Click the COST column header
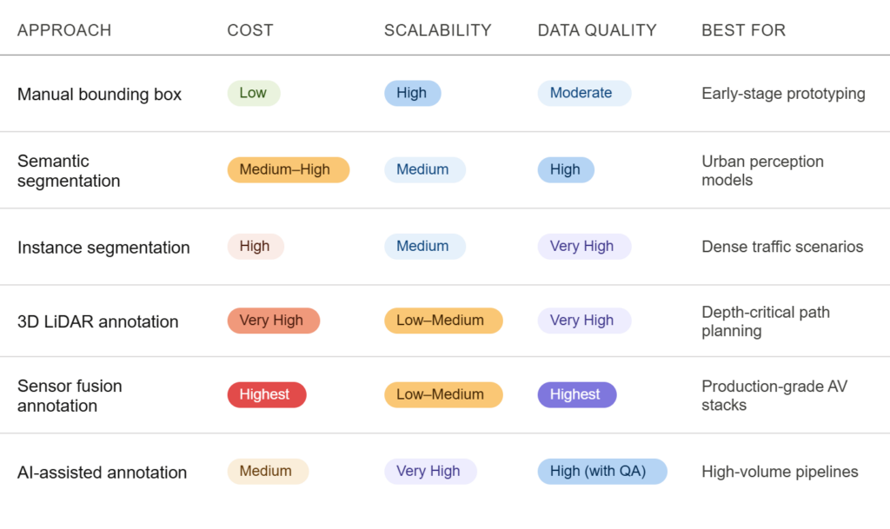(x=250, y=30)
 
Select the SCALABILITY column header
(x=438, y=30)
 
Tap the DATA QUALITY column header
(x=597, y=30)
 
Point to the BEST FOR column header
(x=744, y=30)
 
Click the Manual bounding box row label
(x=99, y=94)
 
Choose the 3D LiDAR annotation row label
(x=97, y=321)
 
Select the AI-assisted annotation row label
(x=103, y=473)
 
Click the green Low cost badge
(x=254, y=93)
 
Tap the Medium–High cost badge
(x=289, y=169)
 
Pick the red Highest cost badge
(x=267, y=394)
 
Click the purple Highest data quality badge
(x=577, y=394)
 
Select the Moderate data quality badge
(x=584, y=93)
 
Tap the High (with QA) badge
(x=602, y=471)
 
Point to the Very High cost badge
(x=274, y=321)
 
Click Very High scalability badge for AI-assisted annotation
(x=430, y=471)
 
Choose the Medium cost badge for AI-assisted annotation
(x=268, y=471)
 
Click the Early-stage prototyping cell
(x=783, y=94)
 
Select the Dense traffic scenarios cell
(x=782, y=247)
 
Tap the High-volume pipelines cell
(x=780, y=472)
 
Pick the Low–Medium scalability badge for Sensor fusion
(x=443, y=394)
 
